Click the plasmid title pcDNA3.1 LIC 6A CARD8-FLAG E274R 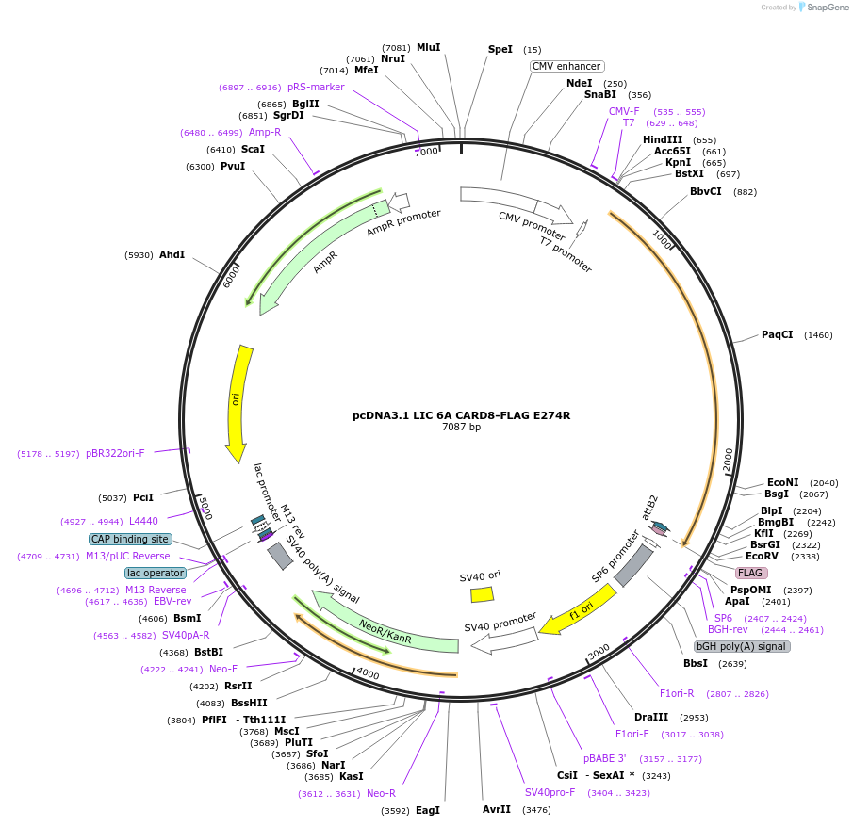point(461,414)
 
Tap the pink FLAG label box point(751,573)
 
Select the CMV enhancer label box point(566,66)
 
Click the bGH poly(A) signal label point(742,646)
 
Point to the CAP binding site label point(130,540)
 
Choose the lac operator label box point(156,573)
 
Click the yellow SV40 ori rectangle point(482,594)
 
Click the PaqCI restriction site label point(778,334)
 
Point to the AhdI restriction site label point(172,254)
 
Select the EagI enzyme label point(428,810)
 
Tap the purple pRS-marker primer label point(316,87)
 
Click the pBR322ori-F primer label point(115,453)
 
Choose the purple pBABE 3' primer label point(604,758)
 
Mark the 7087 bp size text point(461,427)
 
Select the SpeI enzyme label point(500,49)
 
